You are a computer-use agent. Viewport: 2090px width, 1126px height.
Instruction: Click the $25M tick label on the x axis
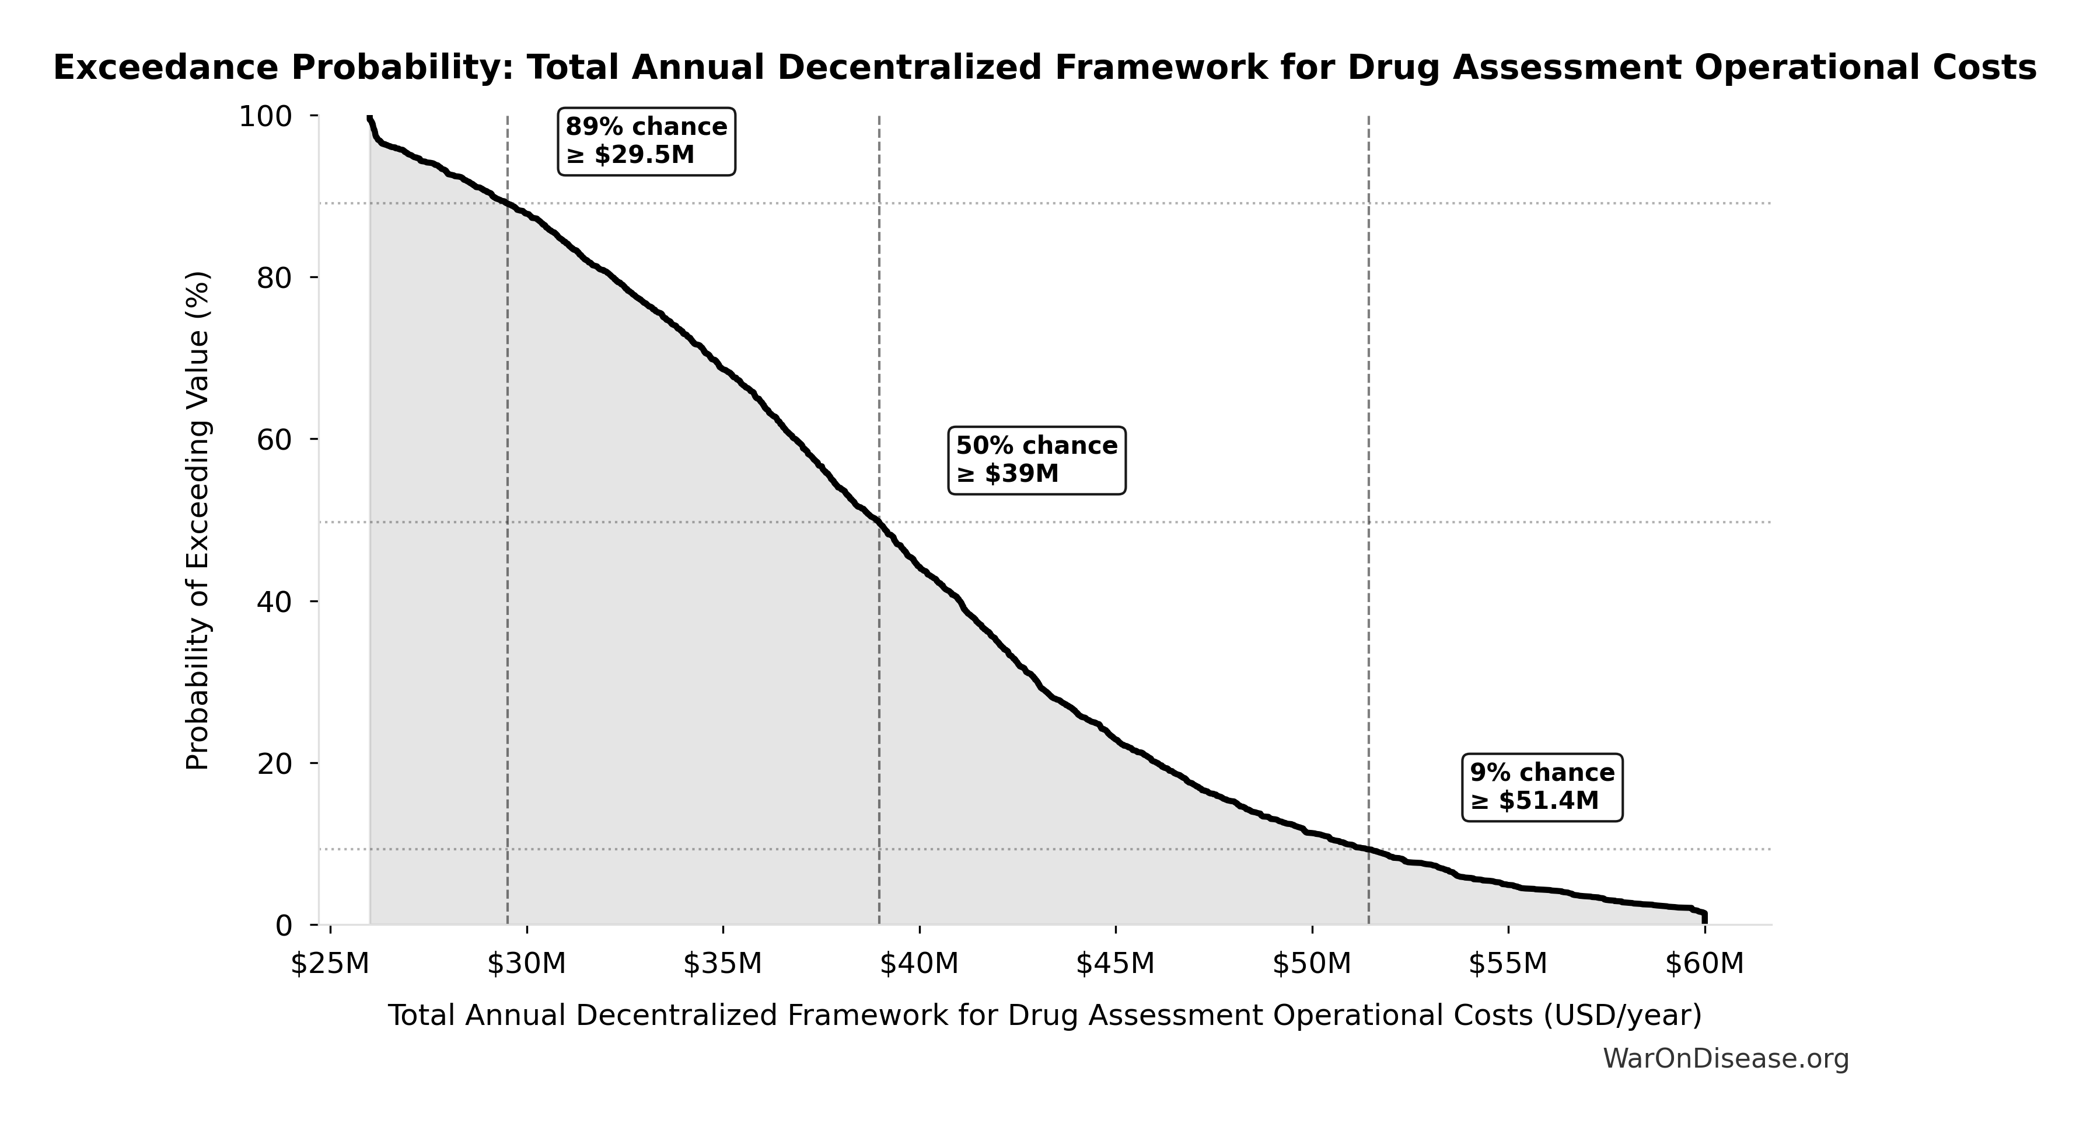pyautogui.click(x=330, y=964)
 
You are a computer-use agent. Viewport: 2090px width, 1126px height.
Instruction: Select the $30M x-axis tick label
pyautogui.click(x=526, y=964)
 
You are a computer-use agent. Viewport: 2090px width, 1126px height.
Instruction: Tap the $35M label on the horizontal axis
pyautogui.click(x=722, y=964)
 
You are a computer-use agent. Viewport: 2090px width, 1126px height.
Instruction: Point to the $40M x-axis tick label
pyautogui.click(x=919, y=964)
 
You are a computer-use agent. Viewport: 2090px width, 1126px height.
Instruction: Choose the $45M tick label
pyautogui.click(x=1115, y=964)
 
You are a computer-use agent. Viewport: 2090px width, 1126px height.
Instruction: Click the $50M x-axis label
pyautogui.click(x=1312, y=964)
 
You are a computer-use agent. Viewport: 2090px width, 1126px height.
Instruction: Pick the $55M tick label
pyautogui.click(x=1508, y=964)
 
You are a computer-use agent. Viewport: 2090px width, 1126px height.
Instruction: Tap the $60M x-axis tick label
pyautogui.click(x=1704, y=964)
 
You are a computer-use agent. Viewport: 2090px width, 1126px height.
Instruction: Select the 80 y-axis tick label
pyautogui.click(x=274, y=279)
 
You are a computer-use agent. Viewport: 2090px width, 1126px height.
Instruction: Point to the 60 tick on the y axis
pyautogui.click(x=274, y=440)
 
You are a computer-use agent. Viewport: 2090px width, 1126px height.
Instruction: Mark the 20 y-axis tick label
pyautogui.click(x=274, y=763)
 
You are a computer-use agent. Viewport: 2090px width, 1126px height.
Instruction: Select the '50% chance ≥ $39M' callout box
pyautogui.click(x=1037, y=460)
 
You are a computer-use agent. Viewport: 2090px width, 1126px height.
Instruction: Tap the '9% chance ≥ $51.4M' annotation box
pyautogui.click(x=1542, y=787)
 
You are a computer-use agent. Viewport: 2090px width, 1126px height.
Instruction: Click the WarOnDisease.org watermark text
pyautogui.click(x=1726, y=1059)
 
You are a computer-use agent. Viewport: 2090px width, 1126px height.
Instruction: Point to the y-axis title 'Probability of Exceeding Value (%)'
pyautogui.click(x=198, y=520)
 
